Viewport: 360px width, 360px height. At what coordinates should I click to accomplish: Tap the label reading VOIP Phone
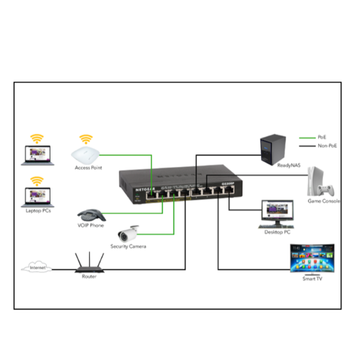click(91, 226)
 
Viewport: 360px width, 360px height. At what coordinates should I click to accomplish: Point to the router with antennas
click(89, 264)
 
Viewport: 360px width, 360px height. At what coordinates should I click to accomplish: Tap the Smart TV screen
click(311, 258)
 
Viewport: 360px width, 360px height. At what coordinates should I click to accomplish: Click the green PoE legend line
click(308, 137)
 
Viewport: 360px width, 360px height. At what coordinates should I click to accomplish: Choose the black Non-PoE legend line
click(308, 146)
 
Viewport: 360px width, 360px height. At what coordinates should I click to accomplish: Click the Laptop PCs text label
click(37, 211)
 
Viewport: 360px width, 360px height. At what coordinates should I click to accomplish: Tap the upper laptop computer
click(37, 156)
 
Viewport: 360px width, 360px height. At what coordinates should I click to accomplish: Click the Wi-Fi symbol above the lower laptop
click(37, 180)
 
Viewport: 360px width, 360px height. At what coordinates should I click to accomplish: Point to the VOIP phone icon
click(91, 215)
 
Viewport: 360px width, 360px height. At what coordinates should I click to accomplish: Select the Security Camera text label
click(128, 247)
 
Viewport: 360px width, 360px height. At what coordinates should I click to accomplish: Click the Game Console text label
click(324, 202)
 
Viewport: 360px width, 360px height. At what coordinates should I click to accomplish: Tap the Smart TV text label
click(312, 280)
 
